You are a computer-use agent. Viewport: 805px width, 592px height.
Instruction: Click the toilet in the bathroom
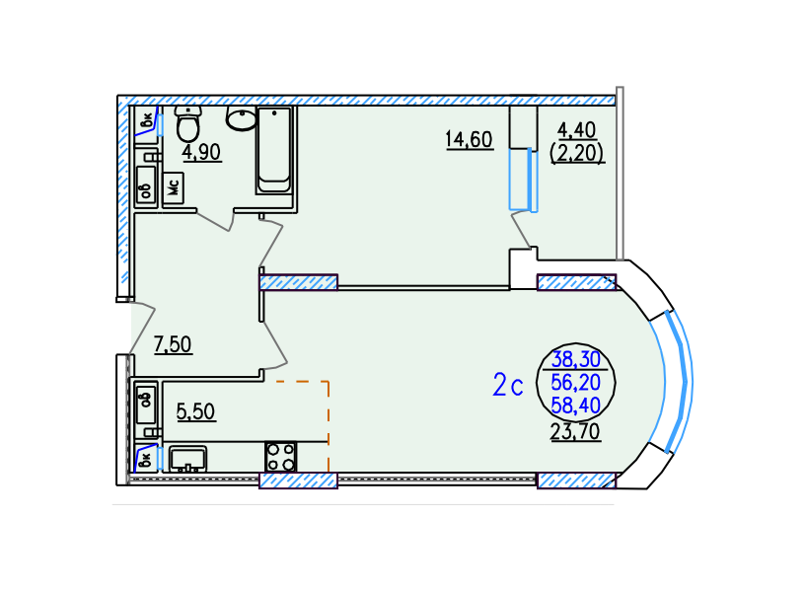click(x=188, y=123)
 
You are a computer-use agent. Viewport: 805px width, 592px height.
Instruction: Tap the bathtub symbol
click(x=274, y=150)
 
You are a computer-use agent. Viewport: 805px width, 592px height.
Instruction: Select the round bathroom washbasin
click(x=242, y=119)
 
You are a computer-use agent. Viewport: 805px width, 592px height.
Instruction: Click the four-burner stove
click(x=281, y=457)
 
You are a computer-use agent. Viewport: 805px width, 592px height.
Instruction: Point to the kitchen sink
click(x=187, y=459)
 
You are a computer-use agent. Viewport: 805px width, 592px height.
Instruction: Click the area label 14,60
click(x=470, y=140)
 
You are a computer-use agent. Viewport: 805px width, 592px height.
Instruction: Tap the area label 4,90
click(x=202, y=152)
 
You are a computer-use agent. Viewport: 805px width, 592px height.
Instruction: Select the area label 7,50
click(x=173, y=344)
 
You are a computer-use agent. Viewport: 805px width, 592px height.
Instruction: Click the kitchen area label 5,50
click(x=195, y=411)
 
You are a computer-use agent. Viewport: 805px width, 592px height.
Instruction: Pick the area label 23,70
click(x=575, y=432)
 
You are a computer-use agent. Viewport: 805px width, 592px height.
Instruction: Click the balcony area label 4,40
click(x=577, y=130)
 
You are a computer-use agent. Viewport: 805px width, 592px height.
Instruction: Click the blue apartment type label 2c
click(x=508, y=385)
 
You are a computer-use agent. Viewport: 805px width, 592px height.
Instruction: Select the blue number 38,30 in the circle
click(x=576, y=359)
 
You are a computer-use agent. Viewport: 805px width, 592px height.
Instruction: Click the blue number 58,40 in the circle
click(x=575, y=406)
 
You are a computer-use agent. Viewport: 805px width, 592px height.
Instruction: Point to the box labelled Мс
click(x=174, y=187)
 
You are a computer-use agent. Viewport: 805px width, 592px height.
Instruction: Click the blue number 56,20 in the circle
click(x=575, y=383)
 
